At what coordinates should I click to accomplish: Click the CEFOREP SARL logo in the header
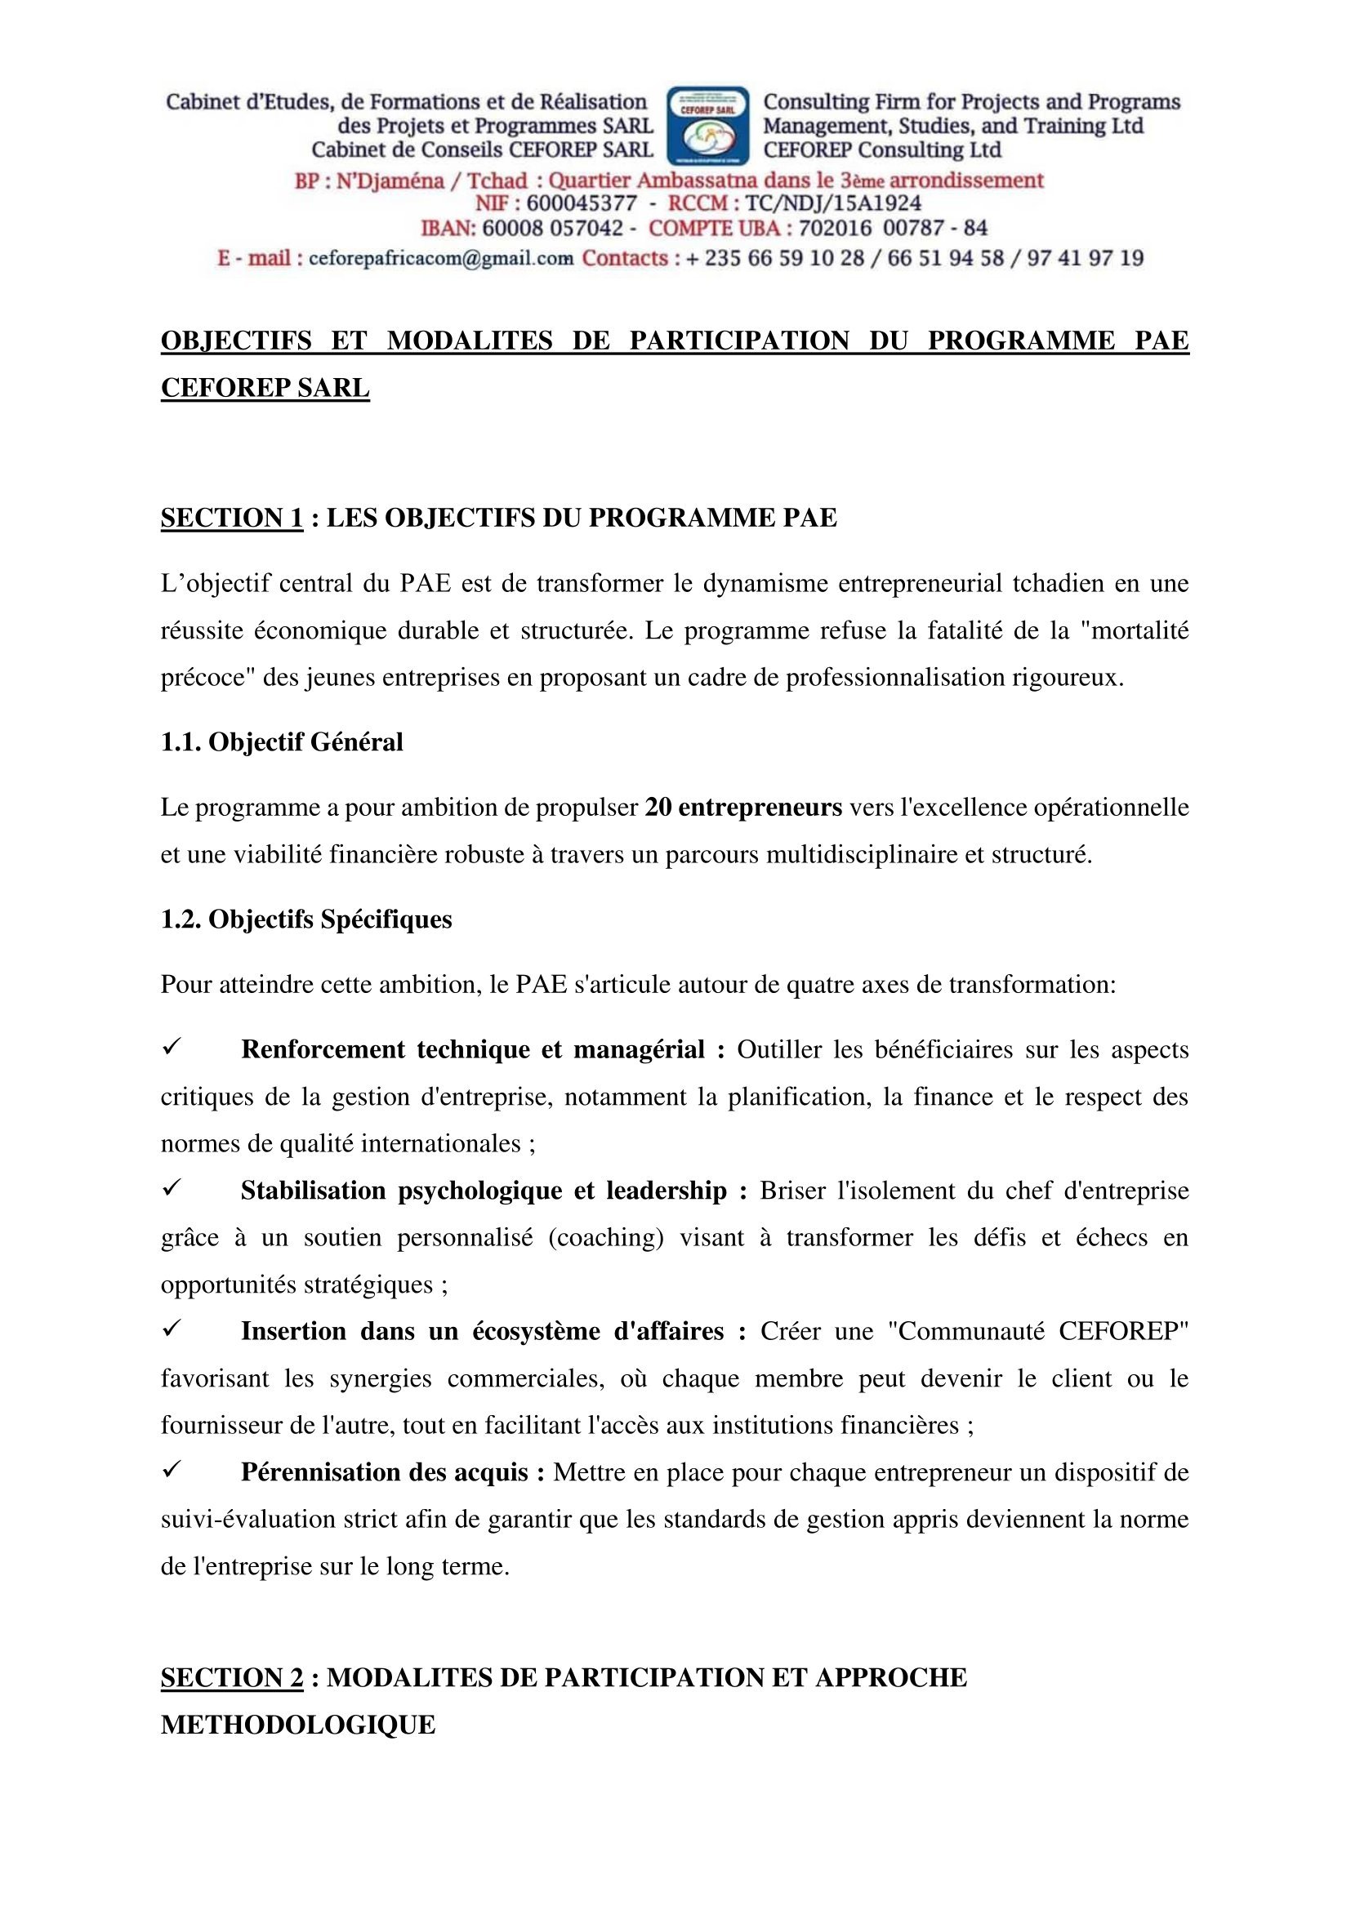point(709,126)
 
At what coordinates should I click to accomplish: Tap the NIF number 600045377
point(582,204)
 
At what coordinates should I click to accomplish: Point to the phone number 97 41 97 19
point(1085,259)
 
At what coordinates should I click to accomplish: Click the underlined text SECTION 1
point(232,518)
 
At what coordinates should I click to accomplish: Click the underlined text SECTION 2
point(232,1677)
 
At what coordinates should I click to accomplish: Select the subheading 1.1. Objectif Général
point(282,742)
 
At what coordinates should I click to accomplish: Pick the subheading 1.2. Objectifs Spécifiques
point(306,919)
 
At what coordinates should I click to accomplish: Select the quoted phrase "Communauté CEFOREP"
point(1038,1332)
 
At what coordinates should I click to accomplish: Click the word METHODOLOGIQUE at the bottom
point(298,1725)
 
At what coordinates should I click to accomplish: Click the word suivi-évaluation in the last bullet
point(246,1520)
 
